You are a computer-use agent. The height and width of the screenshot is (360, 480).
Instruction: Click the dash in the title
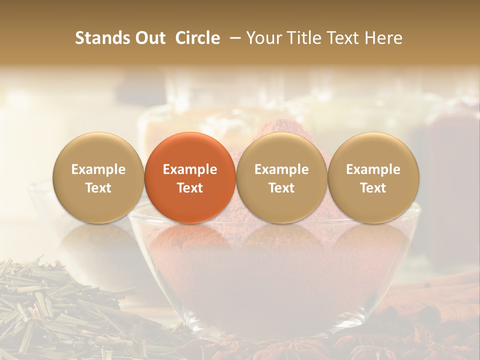(x=233, y=38)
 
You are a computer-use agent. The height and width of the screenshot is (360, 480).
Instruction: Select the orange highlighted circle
(x=190, y=177)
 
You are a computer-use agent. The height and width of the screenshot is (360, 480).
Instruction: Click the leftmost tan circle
(x=98, y=177)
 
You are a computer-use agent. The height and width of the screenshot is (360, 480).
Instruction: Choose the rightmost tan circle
(x=373, y=177)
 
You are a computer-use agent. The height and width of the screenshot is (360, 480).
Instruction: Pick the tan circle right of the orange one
(x=281, y=177)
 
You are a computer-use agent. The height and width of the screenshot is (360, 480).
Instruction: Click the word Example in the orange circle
(x=190, y=169)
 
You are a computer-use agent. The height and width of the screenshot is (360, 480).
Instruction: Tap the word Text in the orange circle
(x=190, y=188)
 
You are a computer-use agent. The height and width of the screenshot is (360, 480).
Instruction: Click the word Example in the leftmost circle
(x=98, y=169)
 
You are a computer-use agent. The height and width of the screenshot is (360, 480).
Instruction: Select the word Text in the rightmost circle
(x=373, y=188)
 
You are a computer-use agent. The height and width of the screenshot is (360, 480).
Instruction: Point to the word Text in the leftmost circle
(x=98, y=188)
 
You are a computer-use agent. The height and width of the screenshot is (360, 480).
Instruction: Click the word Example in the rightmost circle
(x=373, y=169)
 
